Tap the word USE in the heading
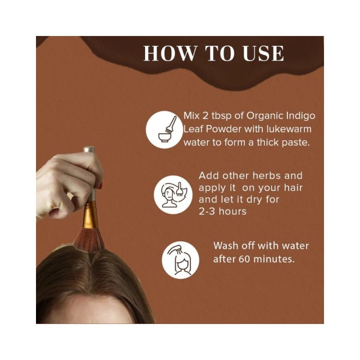pyautogui.click(x=263, y=53)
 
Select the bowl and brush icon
pyautogui.click(x=165, y=130)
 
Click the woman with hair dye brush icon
pyautogui.click(x=173, y=195)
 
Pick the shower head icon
pyautogui.click(x=181, y=260)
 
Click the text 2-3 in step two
pyautogui.click(x=207, y=211)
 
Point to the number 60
pyautogui.click(x=244, y=259)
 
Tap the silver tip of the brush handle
pyautogui.click(x=89, y=150)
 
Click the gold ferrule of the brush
pyautogui.click(x=90, y=214)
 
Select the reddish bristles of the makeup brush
pyautogui.click(x=88, y=241)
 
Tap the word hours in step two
pyautogui.click(x=232, y=211)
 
